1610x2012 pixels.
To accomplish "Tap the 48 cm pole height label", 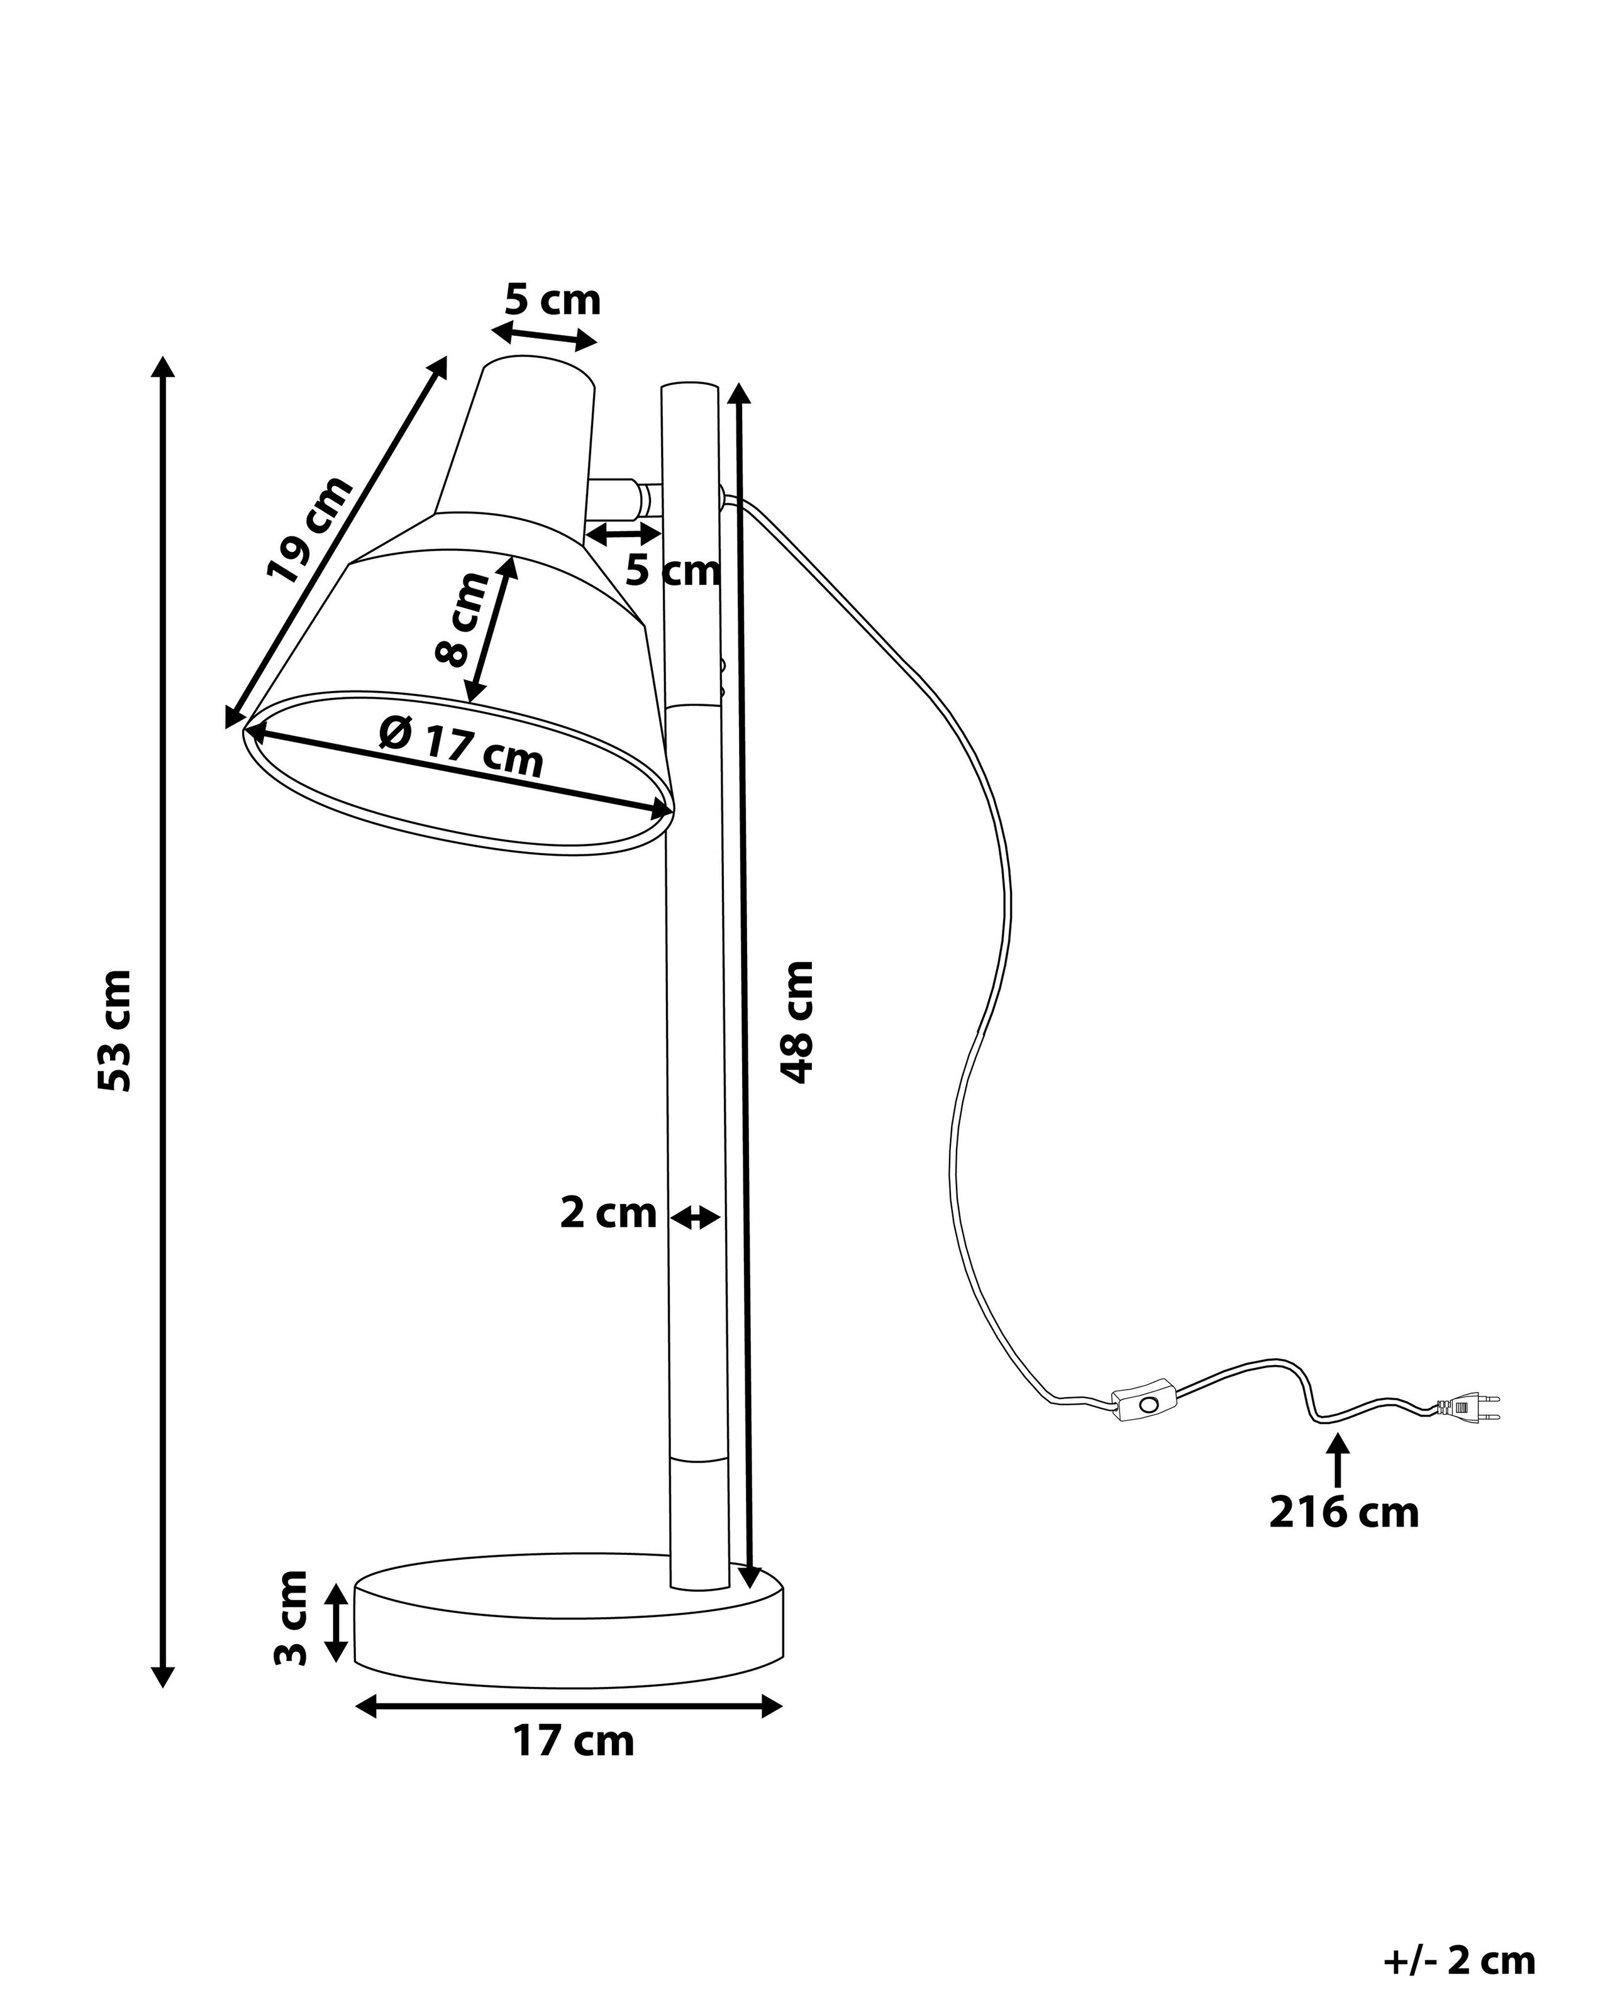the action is click(x=798, y=1022).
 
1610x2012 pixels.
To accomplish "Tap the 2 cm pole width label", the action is click(x=609, y=1213).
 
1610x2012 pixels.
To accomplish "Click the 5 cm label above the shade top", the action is click(x=553, y=301).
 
